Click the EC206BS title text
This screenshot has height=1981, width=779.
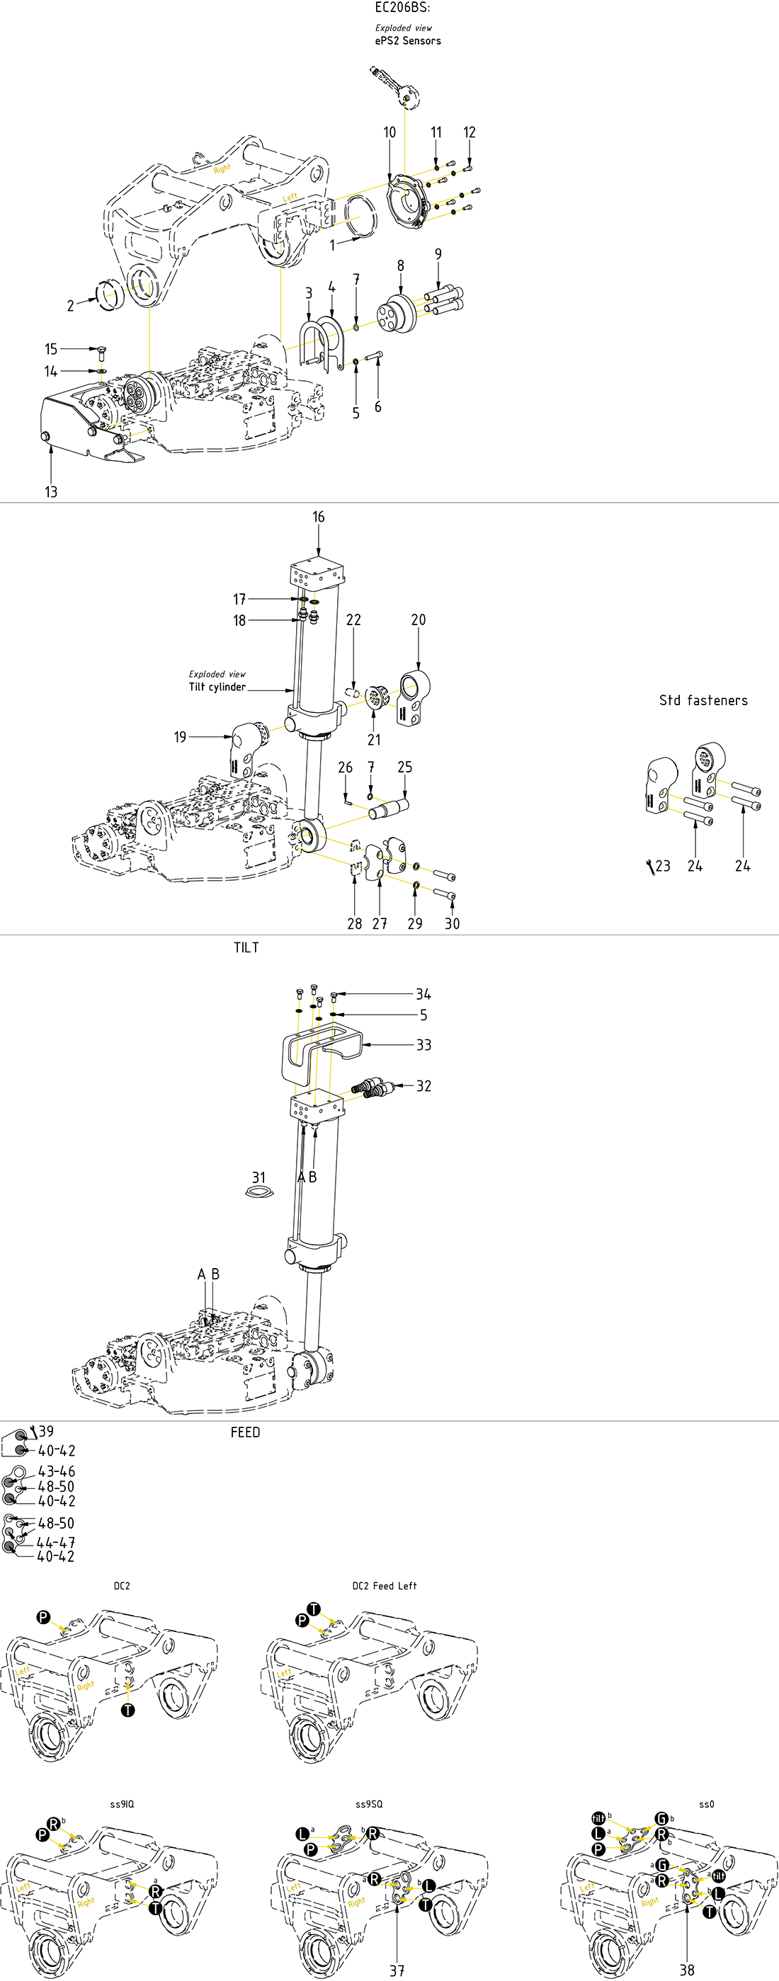coord(402,8)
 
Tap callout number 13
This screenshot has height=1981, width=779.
coord(51,491)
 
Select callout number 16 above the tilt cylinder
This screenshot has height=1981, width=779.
coord(319,518)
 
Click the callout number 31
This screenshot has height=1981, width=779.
coord(258,1177)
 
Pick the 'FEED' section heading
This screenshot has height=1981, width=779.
coord(245,1432)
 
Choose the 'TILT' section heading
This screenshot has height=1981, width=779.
coord(246,947)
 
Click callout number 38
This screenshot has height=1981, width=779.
coord(687,1970)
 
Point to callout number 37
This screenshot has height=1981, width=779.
coord(396,1970)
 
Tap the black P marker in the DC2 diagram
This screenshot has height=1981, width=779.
coord(44,1616)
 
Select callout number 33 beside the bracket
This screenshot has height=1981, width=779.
coord(423,1045)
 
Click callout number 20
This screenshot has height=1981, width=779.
coord(419,620)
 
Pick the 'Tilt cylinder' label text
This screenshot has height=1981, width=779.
coord(217,687)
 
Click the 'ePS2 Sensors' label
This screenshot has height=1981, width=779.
coord(408,41)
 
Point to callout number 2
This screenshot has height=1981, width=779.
coord(70,306)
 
